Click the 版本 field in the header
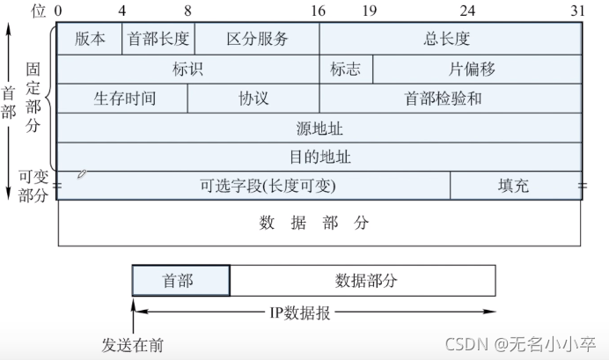click(89, 39)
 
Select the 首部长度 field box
click(158, 39)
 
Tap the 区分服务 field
click(257, 39)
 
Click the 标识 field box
click(188, 69)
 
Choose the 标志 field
click(346, 69)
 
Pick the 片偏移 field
click(478, 69)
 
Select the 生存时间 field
click(123, 99)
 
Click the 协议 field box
click(253, 99)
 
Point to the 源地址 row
click(319, 129)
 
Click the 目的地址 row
click(319, 158)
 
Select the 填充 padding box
click(516, 186)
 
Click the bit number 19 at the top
click(369, 11)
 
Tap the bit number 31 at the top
click(577, 11)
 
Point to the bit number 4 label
click(121, 11)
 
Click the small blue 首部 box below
click(180, 281)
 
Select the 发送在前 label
click(133, 344)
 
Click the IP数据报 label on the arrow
click(299, 312)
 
